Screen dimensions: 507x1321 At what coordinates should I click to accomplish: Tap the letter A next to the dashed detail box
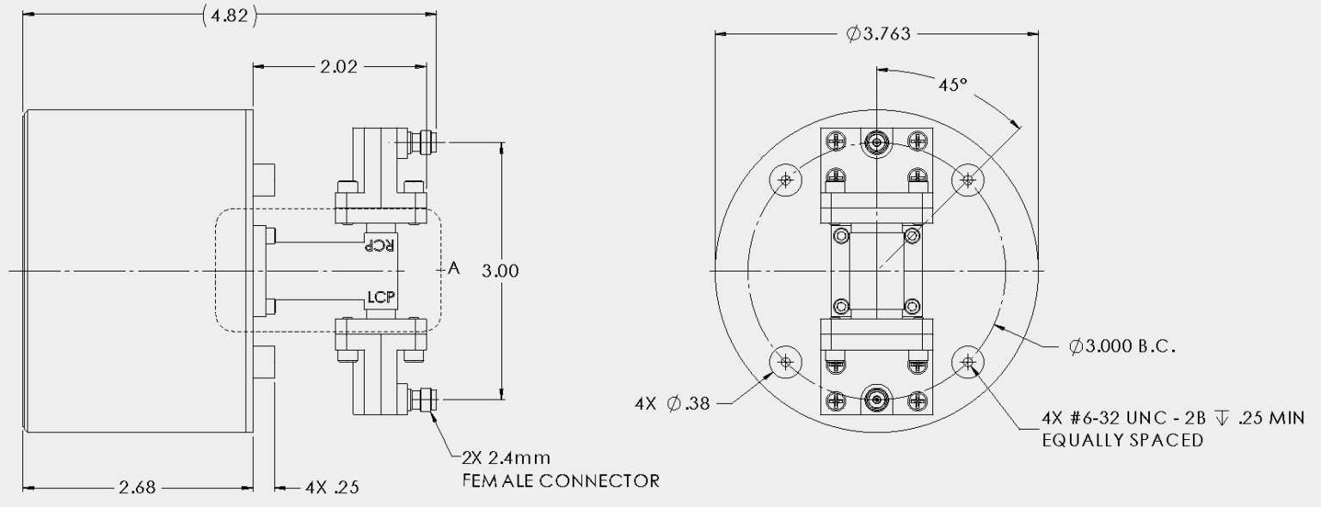click(x=454, y=269)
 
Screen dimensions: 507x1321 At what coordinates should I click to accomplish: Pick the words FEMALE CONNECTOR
click(x=560, y=480)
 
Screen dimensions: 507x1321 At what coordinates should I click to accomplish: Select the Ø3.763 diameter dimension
click(x=878, y=34)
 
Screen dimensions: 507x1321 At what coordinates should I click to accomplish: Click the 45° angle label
click(x=952, y=86)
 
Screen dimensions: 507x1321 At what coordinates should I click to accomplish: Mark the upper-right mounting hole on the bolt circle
click(x=968, y=180)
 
